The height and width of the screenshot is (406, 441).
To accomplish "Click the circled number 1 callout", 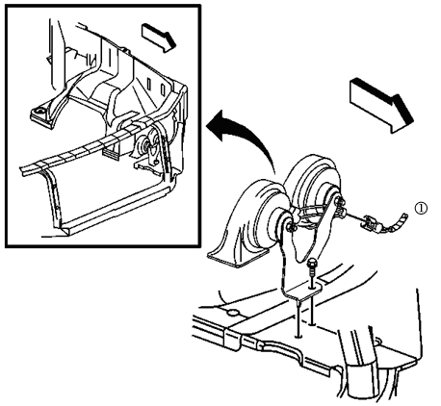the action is (x=421, y=209).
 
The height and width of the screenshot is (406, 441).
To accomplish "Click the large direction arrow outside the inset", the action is (x=382, y=105).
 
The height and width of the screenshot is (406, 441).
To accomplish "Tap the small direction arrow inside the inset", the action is (x=159, y=38).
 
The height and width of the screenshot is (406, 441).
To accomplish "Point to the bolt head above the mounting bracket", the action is (x=311, y=265).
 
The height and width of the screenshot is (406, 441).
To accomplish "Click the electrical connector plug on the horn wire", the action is (x=372, y=223).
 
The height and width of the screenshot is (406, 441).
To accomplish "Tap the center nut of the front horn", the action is (x=289, y=227).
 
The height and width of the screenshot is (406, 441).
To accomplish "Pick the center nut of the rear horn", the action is (x=339, y=202).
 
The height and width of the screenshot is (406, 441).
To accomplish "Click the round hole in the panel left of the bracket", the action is (x=233, y=313).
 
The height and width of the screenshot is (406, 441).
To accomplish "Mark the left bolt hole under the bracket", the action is (x=298, y=336).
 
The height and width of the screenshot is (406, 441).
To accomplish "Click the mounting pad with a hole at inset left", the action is (x=40, y=114).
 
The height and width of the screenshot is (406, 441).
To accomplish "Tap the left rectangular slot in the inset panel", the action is (x=149, y=82).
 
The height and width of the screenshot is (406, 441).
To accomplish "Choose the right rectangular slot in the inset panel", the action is (x=163, y=88).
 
